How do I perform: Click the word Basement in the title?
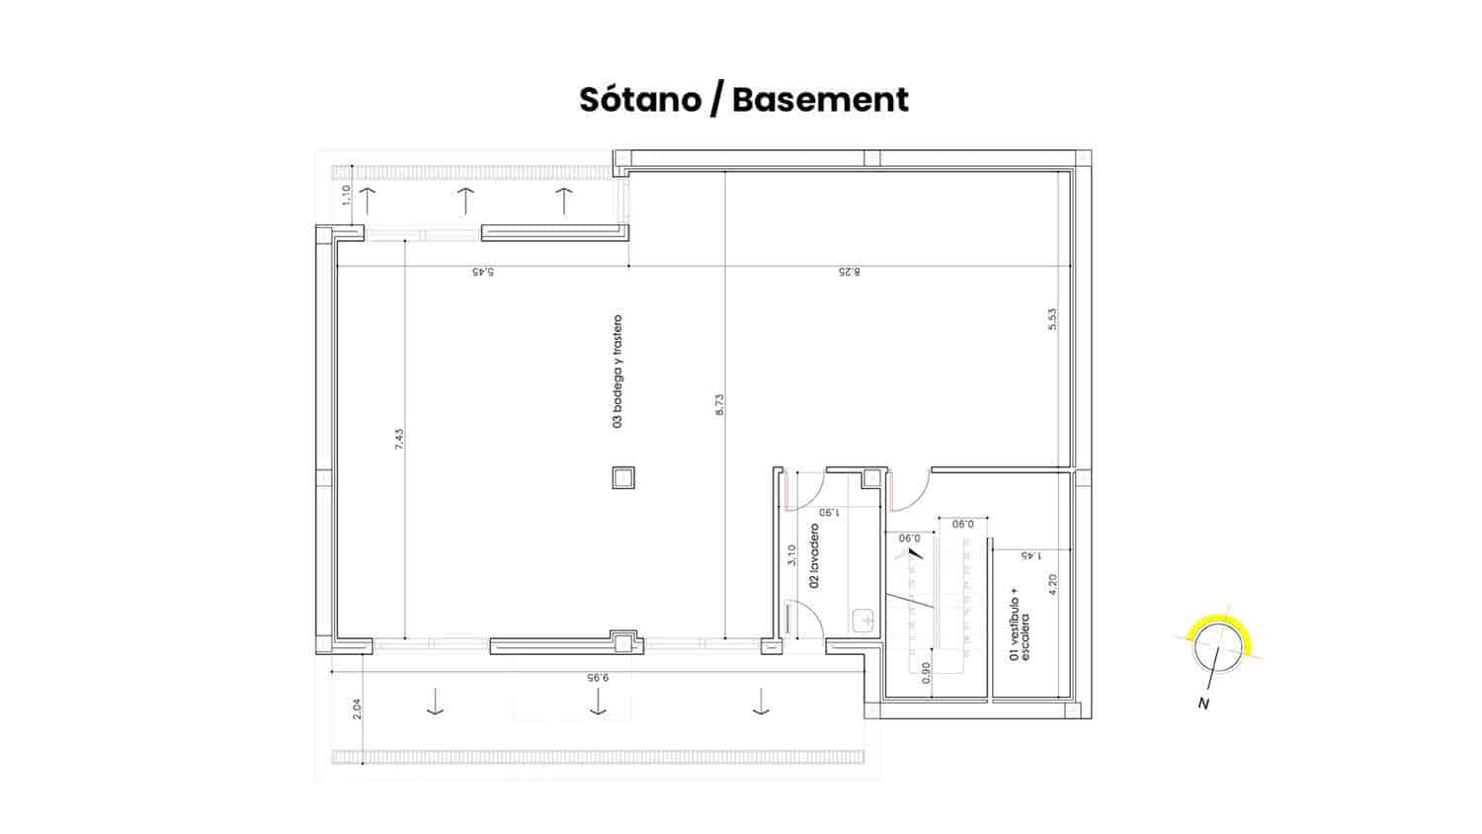click(820, 99)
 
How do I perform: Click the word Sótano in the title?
click(640, 99)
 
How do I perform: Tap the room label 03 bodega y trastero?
click(617, 372)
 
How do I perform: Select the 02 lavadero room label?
click(814, 556)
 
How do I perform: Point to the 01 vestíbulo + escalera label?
click(1020, 626)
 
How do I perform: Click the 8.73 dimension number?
click(720, 404)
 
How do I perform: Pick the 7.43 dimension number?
click(398, 440)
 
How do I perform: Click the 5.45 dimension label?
click(483, 272)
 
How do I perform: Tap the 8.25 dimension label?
click(849, 272)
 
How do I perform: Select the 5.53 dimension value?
click(1052, 320)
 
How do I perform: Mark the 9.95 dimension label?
click(597, 678)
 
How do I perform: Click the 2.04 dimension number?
click(357, 709)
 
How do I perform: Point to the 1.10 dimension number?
click(345, 196)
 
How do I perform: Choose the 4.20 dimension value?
click(1053, 584)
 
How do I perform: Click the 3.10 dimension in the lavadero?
click(791, 554)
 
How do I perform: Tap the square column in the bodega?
click(623, 477)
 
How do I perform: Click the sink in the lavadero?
click(864, 621)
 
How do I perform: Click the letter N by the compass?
click(1203, 704)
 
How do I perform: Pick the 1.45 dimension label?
click(1030, 556)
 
